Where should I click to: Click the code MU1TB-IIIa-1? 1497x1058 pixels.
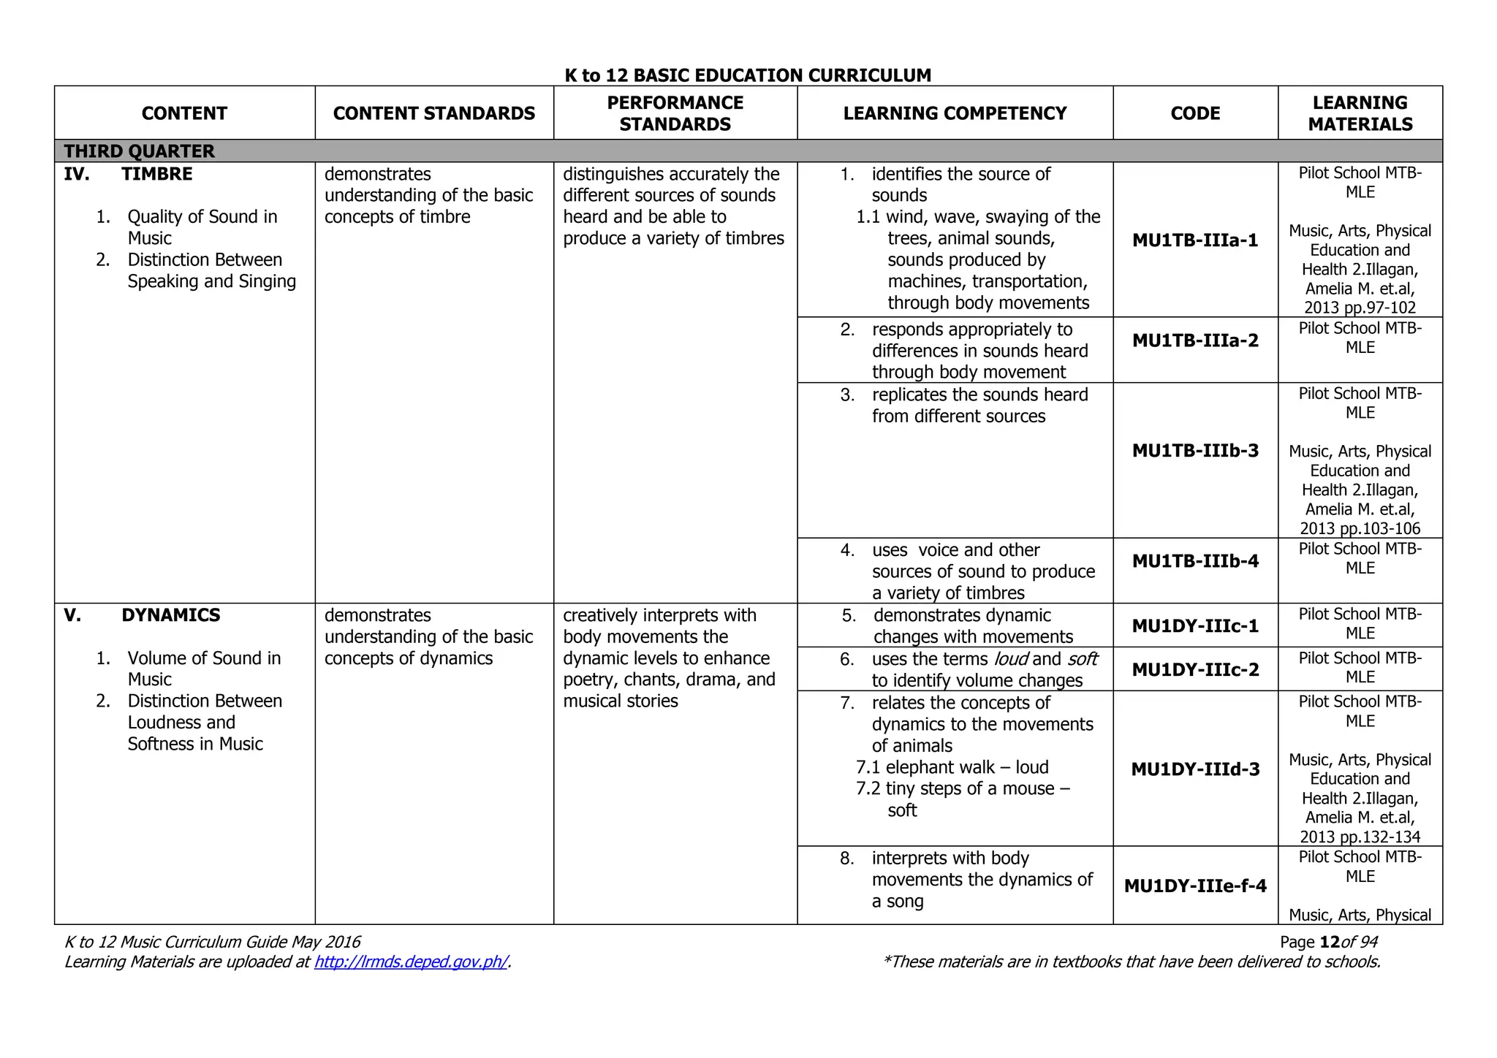point(1195,240)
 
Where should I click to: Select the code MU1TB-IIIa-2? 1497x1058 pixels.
point(1195,340)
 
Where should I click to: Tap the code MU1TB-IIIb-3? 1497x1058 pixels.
point(1195,451)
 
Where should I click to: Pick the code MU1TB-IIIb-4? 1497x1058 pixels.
point(1195,561)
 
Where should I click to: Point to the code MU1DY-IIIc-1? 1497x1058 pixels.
point(1195,626)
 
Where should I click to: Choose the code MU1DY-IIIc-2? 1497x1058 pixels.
point(1195,670)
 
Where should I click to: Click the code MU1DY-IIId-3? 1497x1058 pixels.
point(1195,769)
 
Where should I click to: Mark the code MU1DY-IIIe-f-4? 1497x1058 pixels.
point(1195,886)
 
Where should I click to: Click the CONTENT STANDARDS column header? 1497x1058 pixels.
point(434,113)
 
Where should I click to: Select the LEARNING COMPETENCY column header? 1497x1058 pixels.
point(955,113)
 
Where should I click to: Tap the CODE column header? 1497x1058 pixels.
point(1195,113)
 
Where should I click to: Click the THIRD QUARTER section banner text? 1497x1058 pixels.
point(140,151)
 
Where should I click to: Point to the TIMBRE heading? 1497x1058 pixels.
point(157,174)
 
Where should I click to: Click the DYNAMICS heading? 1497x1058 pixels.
point(171,615)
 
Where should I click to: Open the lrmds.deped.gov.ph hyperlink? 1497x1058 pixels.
point(411,962)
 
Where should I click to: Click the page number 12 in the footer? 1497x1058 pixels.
point(1330,942)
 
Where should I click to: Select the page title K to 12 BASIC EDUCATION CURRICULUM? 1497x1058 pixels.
point(748,75)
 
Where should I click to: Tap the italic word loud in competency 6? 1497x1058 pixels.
point(1012,659)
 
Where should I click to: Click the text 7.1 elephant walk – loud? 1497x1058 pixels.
point(952,767)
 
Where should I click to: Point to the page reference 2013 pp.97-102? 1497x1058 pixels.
point(1360,308)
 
